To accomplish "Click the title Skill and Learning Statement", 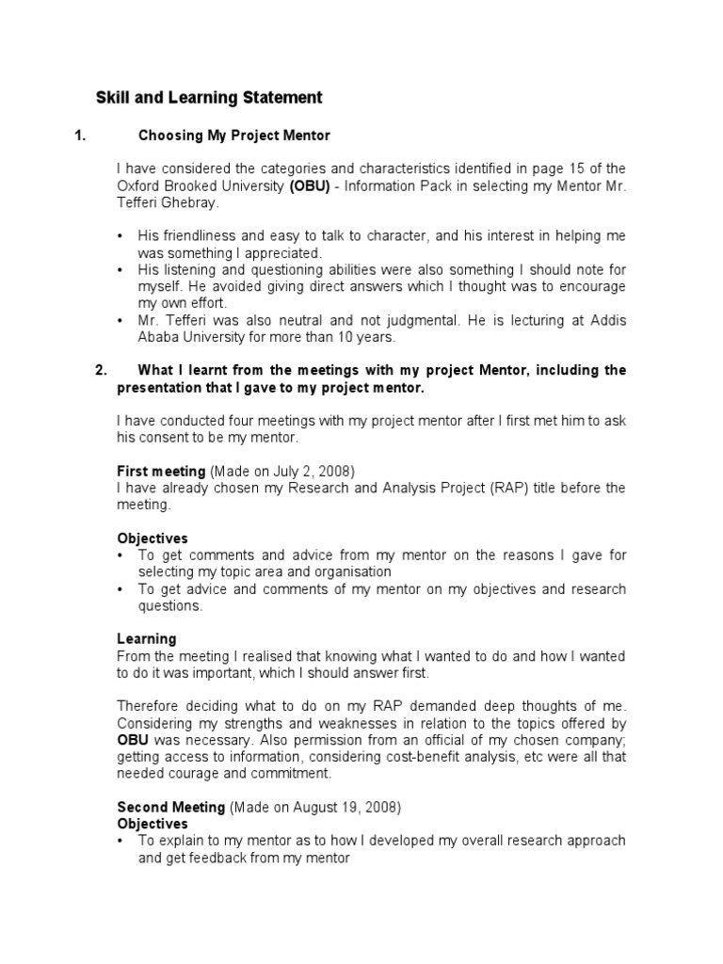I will click(209, 98).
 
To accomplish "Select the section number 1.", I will click(80, 136).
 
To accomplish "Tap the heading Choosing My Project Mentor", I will click(234, 136).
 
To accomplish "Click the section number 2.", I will click(102, 370).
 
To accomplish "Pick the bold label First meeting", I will click(161, 471).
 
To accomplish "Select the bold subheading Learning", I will click(146, 639).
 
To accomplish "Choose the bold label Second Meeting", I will click(170, 807).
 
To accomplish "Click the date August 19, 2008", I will click(338, 807).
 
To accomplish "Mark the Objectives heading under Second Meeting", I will click(153, 824).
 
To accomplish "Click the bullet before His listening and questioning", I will click(121, 270).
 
